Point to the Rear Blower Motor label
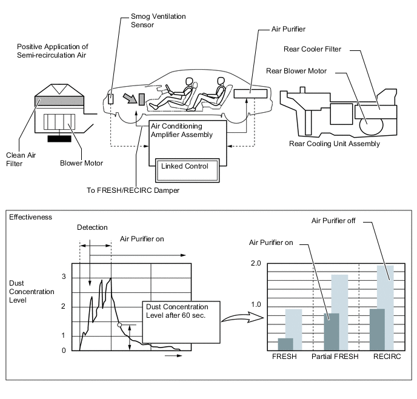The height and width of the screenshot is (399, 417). [x=296, y=71]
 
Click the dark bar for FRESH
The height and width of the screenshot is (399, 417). [x=285, y=343]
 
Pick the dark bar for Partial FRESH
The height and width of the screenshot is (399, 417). [x=331, y=331]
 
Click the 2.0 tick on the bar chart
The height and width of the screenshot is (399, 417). [x=255, y=264]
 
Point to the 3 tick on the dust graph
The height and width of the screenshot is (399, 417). [x=64, y=277]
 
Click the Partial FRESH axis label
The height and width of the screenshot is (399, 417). [x=335, y=357]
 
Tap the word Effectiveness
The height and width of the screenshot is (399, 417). [x=29, y=216]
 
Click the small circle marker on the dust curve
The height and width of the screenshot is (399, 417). [x=120, y=325]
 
